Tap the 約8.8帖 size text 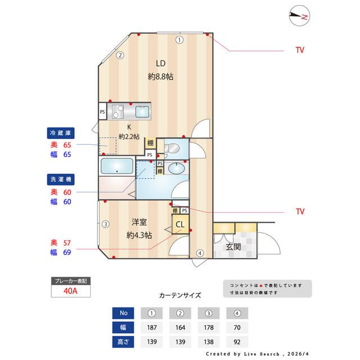point(160,76)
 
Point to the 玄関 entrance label point(234,246)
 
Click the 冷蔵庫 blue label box point(61,133)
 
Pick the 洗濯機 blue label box point(61,179)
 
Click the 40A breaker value point(70,291)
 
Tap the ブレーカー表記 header point(70,280)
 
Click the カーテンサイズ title point(180,295)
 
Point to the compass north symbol point(299,17)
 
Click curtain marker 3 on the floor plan point(105,224)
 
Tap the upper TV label point(299,50)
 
